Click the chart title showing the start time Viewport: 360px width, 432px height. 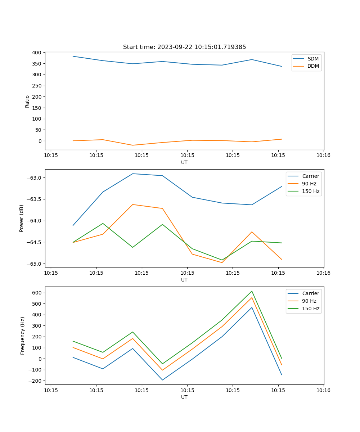184,47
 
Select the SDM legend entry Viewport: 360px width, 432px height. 313,59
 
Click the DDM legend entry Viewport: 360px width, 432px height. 313,66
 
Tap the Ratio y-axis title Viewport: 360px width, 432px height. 27,102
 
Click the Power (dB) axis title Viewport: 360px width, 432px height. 22,218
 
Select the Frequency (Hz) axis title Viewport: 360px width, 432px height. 23,336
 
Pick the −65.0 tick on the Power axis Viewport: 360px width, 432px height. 34,264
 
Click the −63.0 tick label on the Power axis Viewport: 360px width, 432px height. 34,178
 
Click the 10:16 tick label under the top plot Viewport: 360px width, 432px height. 323,156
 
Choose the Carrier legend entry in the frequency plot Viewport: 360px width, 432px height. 310,293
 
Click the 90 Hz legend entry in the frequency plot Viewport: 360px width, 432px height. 309,301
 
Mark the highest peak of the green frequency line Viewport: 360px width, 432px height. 252,291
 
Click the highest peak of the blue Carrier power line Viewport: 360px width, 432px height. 132,174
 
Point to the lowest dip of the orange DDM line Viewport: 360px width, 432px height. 132,145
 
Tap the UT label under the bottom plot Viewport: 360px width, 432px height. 184,397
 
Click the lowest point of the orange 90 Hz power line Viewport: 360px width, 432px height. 222,262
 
